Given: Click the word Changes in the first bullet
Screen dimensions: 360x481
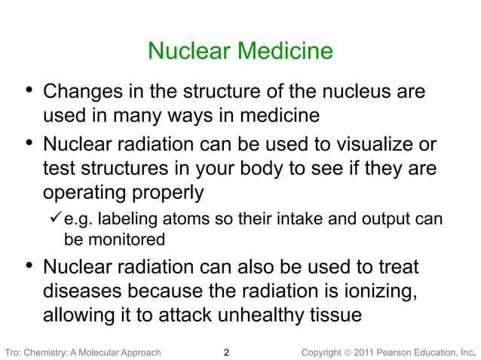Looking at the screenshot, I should point(83,93).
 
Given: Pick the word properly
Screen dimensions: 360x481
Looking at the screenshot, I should point(165,193).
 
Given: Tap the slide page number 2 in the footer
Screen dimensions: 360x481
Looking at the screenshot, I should point(228,351).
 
